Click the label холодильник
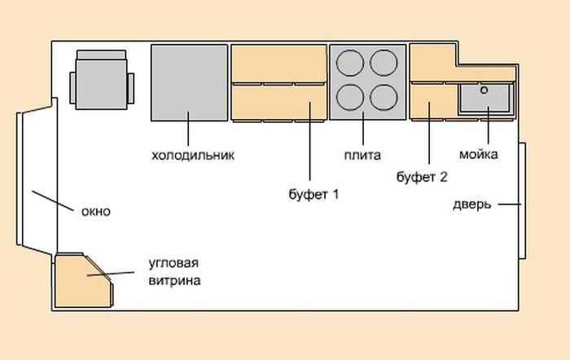coord(193,156)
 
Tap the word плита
coord(362,156)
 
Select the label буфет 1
coord(313,194)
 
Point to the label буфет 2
coord(422,177)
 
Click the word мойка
coord(479,154)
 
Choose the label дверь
coord(471,204)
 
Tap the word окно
coord(95,211)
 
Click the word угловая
coord(173,263)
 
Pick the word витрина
coord(174,281)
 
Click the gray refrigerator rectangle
coord(190,82)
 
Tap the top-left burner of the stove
coord(349,63)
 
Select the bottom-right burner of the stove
coord(384,98)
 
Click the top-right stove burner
coord(384,63)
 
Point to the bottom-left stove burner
coord(349,98)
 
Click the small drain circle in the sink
coord(484,90)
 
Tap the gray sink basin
coord(485,99)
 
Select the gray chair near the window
coord(102,80)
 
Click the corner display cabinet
coord(83,280)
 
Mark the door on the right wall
coord(523,200)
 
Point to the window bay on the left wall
coord(37,178)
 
